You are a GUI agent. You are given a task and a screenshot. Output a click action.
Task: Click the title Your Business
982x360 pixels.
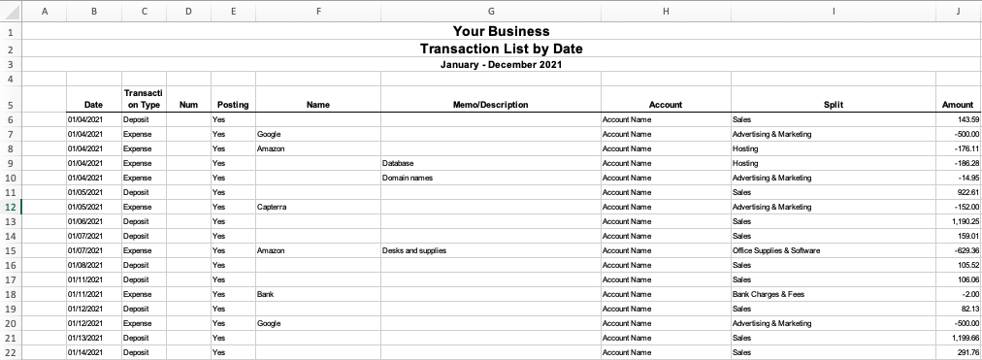501,32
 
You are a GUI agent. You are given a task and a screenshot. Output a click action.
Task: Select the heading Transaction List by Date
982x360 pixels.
501,49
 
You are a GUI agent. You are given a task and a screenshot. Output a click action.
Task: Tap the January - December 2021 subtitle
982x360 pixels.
501,65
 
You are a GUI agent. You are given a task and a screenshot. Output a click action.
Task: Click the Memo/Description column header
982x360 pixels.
490,105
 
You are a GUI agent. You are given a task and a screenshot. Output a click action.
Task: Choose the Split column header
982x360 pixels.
833,105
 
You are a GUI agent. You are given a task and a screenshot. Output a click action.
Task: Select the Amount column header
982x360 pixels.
957,105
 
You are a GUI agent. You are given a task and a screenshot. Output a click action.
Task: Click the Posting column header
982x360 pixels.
233,105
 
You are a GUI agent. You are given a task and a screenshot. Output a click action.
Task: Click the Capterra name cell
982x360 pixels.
272,207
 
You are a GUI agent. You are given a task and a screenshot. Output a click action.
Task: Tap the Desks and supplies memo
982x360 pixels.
414,250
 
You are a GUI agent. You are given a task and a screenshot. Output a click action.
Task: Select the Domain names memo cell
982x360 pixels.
408,178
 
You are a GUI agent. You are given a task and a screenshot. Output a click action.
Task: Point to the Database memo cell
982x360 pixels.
399,163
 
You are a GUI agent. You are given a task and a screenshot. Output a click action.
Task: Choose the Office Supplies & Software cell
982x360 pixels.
777,250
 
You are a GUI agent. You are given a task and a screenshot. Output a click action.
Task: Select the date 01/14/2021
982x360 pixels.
85,352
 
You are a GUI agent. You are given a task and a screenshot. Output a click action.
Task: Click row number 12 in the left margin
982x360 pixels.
10,207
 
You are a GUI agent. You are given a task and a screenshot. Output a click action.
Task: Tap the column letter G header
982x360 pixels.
490,11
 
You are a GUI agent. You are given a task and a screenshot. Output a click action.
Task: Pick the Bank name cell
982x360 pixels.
266,294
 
